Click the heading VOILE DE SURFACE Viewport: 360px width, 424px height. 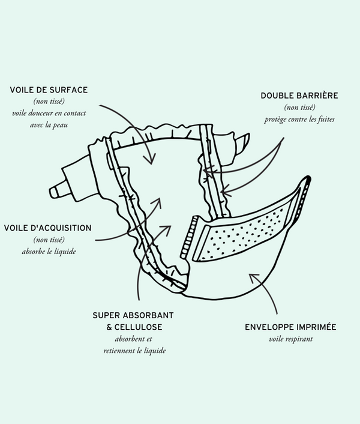[x=49, y=90]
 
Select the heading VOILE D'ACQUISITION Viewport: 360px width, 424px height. [x=47, y=228]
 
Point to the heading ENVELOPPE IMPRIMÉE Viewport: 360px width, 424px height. [x=290, y=327]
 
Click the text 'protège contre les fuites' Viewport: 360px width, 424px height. [x=299, y=119]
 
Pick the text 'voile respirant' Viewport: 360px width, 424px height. [x=290, y=339]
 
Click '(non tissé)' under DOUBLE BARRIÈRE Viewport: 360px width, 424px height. [x=299, y=108]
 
